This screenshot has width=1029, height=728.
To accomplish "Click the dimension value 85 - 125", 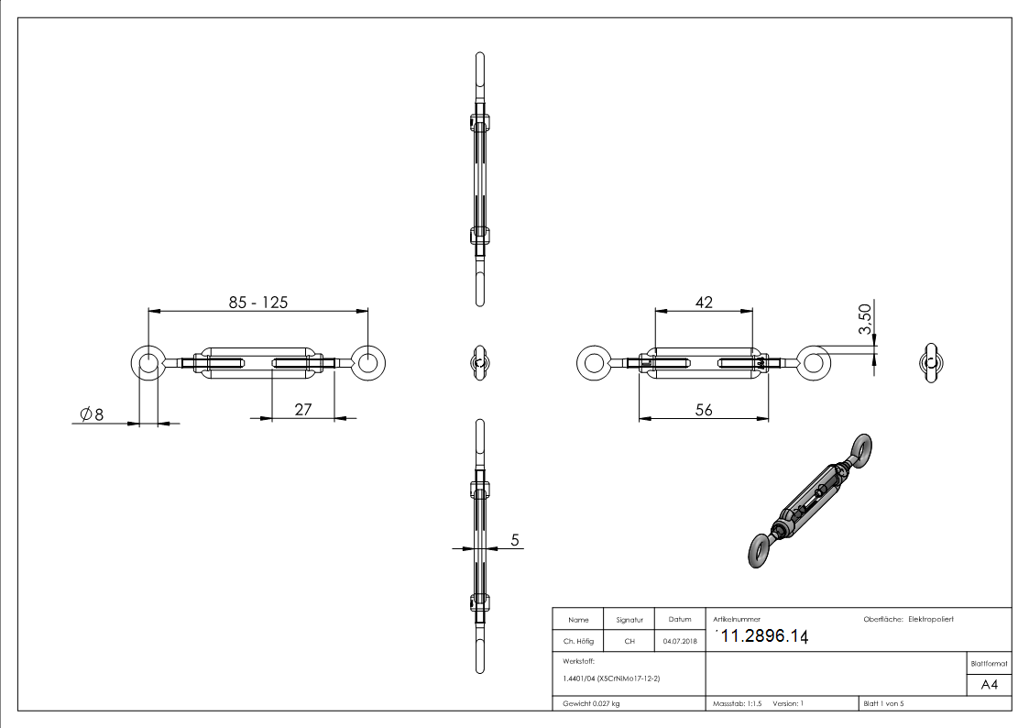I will pyautogui.click(x=257, y=302).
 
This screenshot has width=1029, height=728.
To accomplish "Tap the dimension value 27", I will pyautogui.click(x=304, y=410).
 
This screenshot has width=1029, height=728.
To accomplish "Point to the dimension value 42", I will pyautogui.click(x=704, y=302).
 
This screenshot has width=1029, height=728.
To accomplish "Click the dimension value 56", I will pyautogui.click(x=704, y=411).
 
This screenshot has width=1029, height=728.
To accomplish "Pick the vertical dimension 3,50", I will pyautogui.click(x=864, y=319).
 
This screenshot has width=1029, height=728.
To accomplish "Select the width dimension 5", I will pyautogui.click(x=515, y=541).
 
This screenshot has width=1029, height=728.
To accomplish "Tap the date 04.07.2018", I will pyautogui.click(x=680, y=642).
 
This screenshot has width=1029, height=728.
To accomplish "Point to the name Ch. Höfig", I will pyautogui.click(x=579, y=642).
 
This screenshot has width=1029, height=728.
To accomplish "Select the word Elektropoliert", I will pyautogui.click(x=931, y=620).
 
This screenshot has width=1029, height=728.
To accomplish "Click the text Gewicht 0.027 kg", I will pyautogui.click(x=591, y=703).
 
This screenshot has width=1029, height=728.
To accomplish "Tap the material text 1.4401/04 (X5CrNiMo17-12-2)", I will pyautogui.click(x=611, y=678).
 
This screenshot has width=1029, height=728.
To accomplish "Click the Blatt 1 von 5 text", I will pyautogui.click(x=883, y=703).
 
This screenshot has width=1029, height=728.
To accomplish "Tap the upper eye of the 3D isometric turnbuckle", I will pyautogui.click(x=862, y=447).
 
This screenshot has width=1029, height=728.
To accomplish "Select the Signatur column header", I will pyautogui.click(x=629, y=620).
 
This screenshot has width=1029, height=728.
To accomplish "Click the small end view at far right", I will pyautogui.click(x=932, y=362).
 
